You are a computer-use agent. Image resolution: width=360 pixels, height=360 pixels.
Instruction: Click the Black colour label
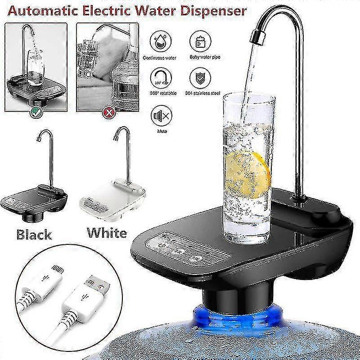34,234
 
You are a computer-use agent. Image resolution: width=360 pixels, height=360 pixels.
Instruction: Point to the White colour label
107,233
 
